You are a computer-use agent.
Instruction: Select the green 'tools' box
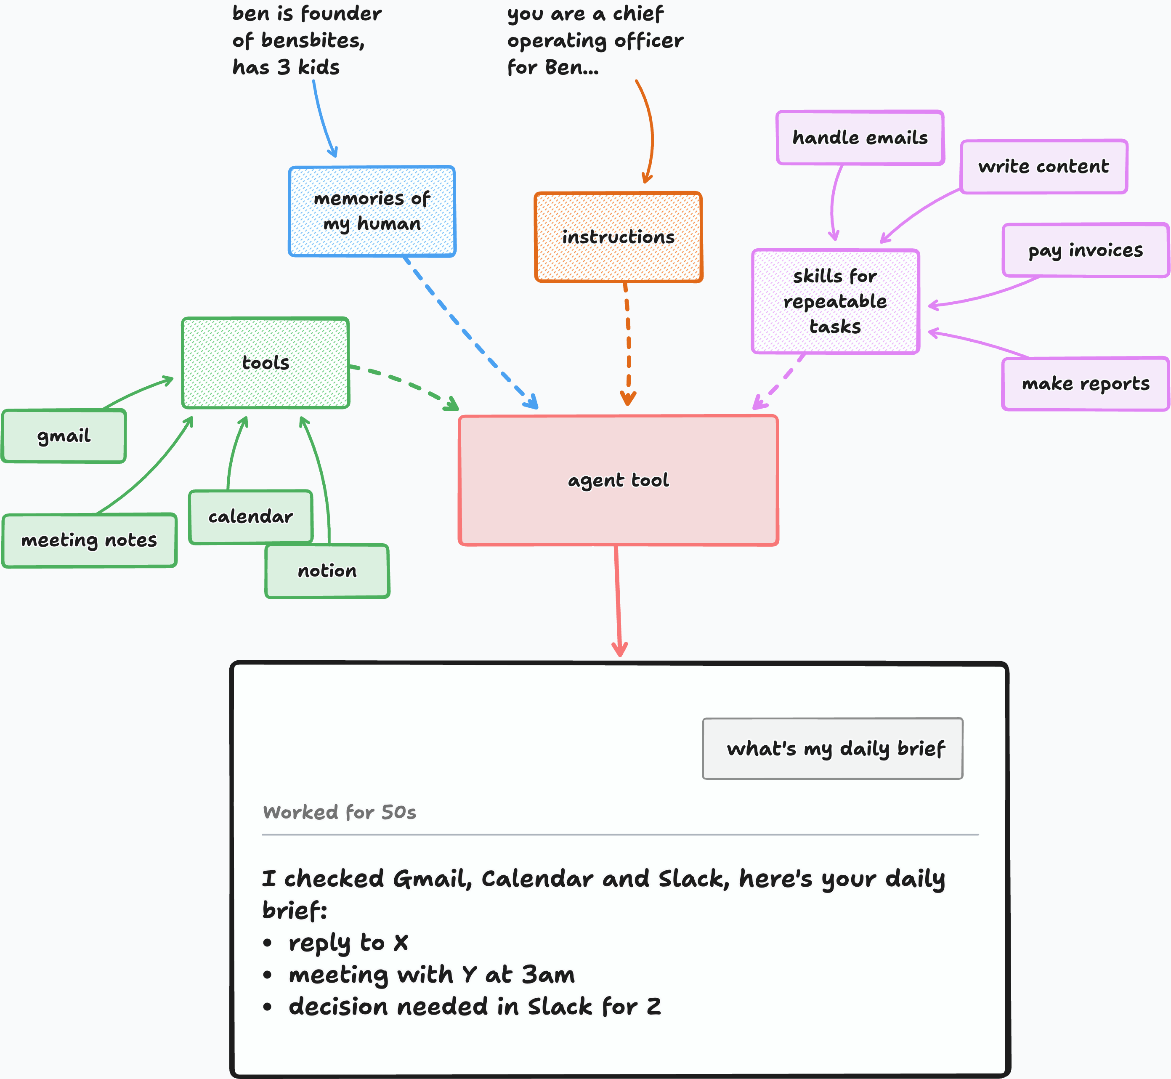(x=266, y=363)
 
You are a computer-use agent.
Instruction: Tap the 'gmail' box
(x=64, y=436)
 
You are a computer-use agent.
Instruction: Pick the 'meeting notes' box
(x=89, y=540)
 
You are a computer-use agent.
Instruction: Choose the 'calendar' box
(x=251, y=517)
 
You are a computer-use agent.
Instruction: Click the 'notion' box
(x=327, y=571)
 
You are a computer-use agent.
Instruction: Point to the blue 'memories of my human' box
(x=372, y=211)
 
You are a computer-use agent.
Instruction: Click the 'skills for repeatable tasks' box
(x=835, y=301)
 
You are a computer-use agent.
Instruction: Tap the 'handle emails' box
(x=860, y=138)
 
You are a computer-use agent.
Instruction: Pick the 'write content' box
(x=1044, y=166)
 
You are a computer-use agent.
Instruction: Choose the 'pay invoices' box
(x=1086, y=250)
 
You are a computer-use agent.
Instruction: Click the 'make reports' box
(x=1086, y=384)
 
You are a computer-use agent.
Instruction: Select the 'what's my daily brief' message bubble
(x=832, y=749)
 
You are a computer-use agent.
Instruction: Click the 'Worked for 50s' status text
(x=340, y=812)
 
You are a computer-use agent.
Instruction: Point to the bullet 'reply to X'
(x=336, y=942)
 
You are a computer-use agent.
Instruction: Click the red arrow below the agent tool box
(x=618, y=601)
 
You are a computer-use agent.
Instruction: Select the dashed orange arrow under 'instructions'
(x=627, y=344)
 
